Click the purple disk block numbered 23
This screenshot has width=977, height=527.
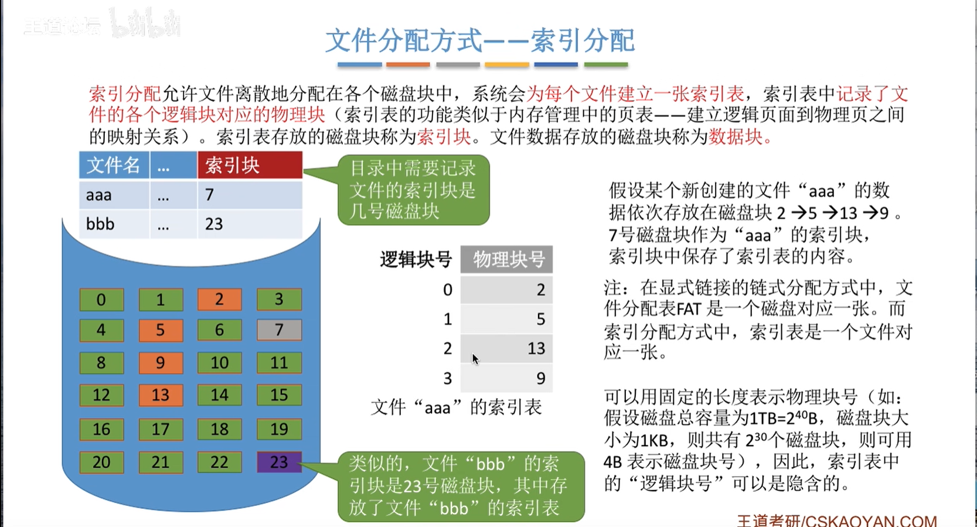click(x=279, y=462)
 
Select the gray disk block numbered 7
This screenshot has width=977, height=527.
click(x=279, y=330)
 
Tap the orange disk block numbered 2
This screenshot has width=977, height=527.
click(x=219, y=300)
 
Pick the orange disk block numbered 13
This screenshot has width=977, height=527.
click(x=161, y=395)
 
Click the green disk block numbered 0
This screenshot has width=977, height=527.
click(x=101, y=300)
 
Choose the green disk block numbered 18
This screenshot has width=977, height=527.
click(x=219, y=429)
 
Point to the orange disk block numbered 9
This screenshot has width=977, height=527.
click(x=161, y=362)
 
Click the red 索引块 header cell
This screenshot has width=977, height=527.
click(x=250, y=165)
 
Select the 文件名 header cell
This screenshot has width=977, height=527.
click(x=114, y=165)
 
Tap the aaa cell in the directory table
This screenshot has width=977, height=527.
click(x=114, y=195)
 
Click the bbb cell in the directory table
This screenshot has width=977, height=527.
click(x=114, y=224)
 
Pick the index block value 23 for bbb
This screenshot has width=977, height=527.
click(x=214, y=225)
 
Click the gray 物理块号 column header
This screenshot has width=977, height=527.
click(x=506, y=260)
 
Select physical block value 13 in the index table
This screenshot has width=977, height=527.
click(x=536, y=349)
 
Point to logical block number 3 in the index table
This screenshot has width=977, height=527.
click(x=448, y=378)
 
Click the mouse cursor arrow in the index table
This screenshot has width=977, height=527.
click(x=475, y=359)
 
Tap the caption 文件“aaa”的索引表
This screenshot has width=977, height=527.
click(x=456, y=407)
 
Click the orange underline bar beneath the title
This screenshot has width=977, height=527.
click(x=408, y=64)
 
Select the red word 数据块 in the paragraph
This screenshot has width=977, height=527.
click(x=736, y=137)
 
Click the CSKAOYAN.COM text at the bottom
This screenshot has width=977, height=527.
click(x=870, y=521)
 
